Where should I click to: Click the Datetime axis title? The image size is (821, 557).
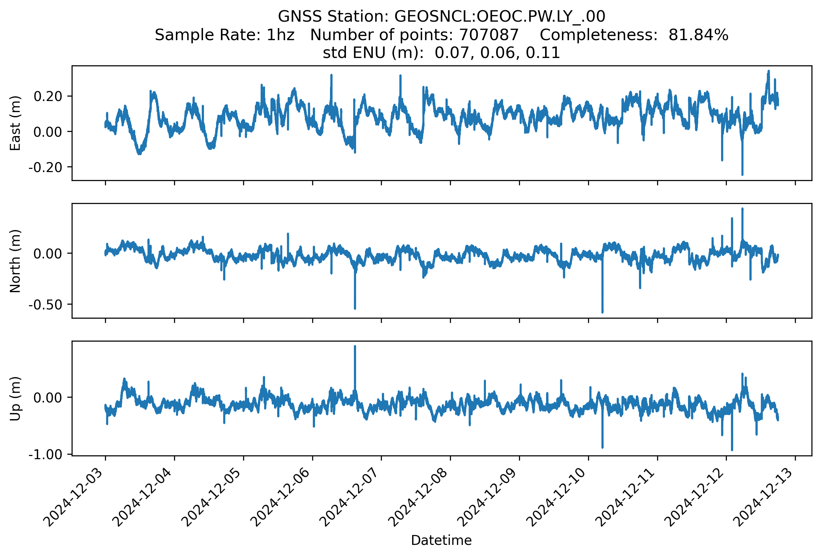[x=441, y=540]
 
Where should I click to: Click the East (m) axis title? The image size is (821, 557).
[x=15, y=123]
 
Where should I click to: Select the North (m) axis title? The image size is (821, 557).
[x=15, y=261]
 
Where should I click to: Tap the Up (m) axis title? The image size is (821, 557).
[x=15, y=399]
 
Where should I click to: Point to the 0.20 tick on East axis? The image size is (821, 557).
[x=48, y=96]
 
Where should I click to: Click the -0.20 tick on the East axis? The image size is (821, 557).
[x=45, y=167]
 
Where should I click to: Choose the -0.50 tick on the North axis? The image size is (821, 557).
[x=45, y=305]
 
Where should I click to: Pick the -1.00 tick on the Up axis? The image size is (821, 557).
[x=45, y=454]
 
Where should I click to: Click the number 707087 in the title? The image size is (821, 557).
[x=488, y=35]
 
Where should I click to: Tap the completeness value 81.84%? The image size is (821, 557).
[x=698, y=35]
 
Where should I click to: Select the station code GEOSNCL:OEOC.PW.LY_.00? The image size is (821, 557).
[x=500, y=17]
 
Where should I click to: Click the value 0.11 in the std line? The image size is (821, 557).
[x=543, y=53]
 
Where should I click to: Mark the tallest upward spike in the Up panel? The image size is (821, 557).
[x=355, y=347]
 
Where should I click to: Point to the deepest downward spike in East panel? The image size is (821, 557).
[x=742, y=174]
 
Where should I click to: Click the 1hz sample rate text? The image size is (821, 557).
[x=280, y=35]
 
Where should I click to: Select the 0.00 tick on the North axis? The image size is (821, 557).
[x=48, y=254]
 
